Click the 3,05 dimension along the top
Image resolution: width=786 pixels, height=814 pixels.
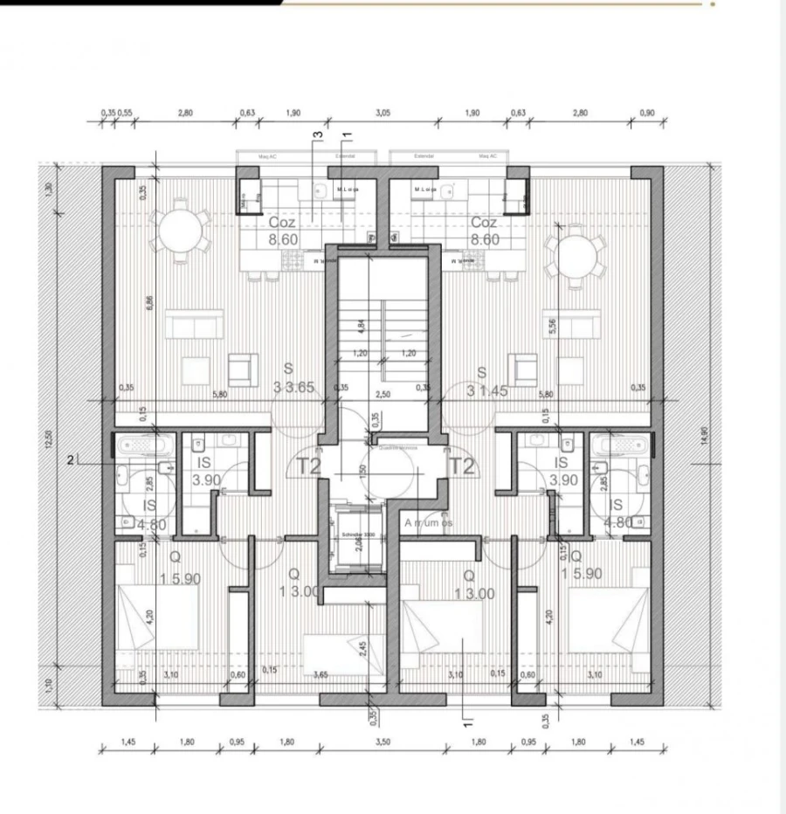tap(383, 114)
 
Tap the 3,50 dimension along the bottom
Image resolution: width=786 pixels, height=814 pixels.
tap(382, 742)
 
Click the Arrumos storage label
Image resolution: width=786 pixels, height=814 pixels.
tap(428, 522)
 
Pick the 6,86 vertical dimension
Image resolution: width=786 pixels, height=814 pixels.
tap(150, 303)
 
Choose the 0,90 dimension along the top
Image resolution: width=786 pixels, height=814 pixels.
tap(646, 114)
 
